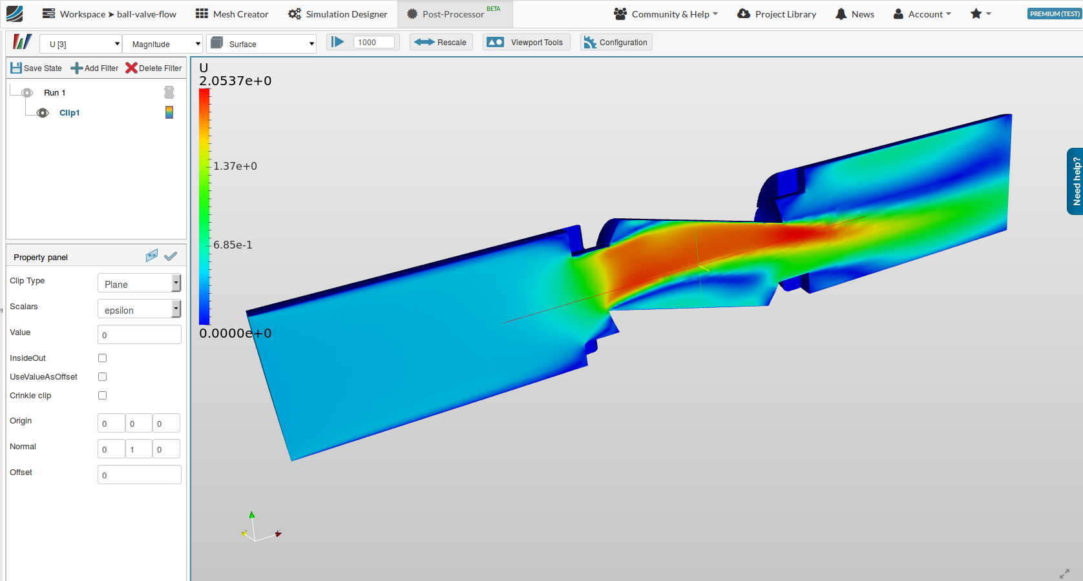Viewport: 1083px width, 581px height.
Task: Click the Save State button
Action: click(36, 68)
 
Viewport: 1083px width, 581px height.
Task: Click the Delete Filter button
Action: click(154, 68)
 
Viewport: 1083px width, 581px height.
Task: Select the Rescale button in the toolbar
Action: click(441, 43)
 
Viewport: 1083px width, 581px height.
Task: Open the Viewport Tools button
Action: click(526, 43)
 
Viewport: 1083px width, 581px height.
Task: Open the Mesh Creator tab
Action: click(232, 14)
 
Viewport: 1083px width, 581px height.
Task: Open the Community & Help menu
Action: click(666, 14)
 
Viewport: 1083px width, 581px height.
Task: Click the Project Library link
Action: click(777, 14)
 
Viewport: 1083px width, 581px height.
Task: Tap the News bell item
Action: click(854, 14)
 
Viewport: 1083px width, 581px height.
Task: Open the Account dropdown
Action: click(922, 14)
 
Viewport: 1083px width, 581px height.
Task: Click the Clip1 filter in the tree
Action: click(69, 113)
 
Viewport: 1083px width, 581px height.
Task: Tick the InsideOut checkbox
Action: click(102, 358)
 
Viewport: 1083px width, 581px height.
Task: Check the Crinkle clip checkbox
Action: click(102, 396)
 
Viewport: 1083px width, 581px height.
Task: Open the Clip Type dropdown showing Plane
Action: click(139, 283)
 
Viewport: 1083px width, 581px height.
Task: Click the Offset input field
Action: click(139, 475)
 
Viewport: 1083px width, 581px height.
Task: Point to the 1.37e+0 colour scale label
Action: click(235, 167)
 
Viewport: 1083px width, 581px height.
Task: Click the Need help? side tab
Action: click(1076, 181)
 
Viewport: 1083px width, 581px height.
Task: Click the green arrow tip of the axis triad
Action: click(252, 515)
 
